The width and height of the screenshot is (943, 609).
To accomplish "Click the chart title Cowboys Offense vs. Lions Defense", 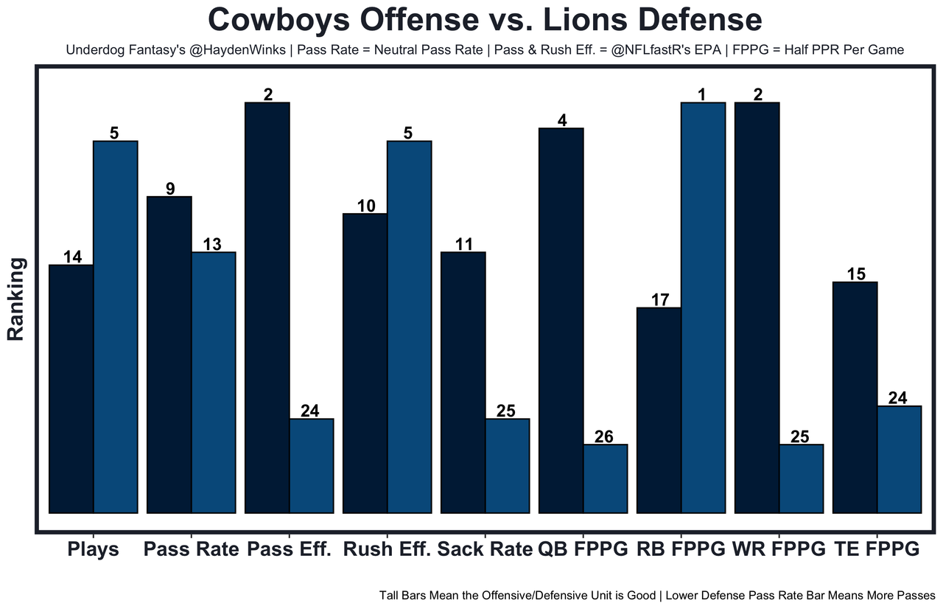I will (484, 20).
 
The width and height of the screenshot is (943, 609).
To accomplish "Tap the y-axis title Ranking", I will (16, 299).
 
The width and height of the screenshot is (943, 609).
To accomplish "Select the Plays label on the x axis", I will (93, 549).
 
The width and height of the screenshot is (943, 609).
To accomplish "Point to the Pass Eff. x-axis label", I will (290, 549).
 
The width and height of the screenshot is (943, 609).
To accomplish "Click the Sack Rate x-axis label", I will (485, 549).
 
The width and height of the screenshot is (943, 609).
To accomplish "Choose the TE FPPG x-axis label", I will (877, 549).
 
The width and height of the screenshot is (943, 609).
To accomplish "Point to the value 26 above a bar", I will (604, 436).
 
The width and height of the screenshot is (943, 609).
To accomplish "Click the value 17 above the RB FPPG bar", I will (660, 300).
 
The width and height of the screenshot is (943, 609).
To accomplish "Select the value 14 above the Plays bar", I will (72, 257).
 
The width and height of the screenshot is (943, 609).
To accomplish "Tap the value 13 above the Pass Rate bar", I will (212, 245).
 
